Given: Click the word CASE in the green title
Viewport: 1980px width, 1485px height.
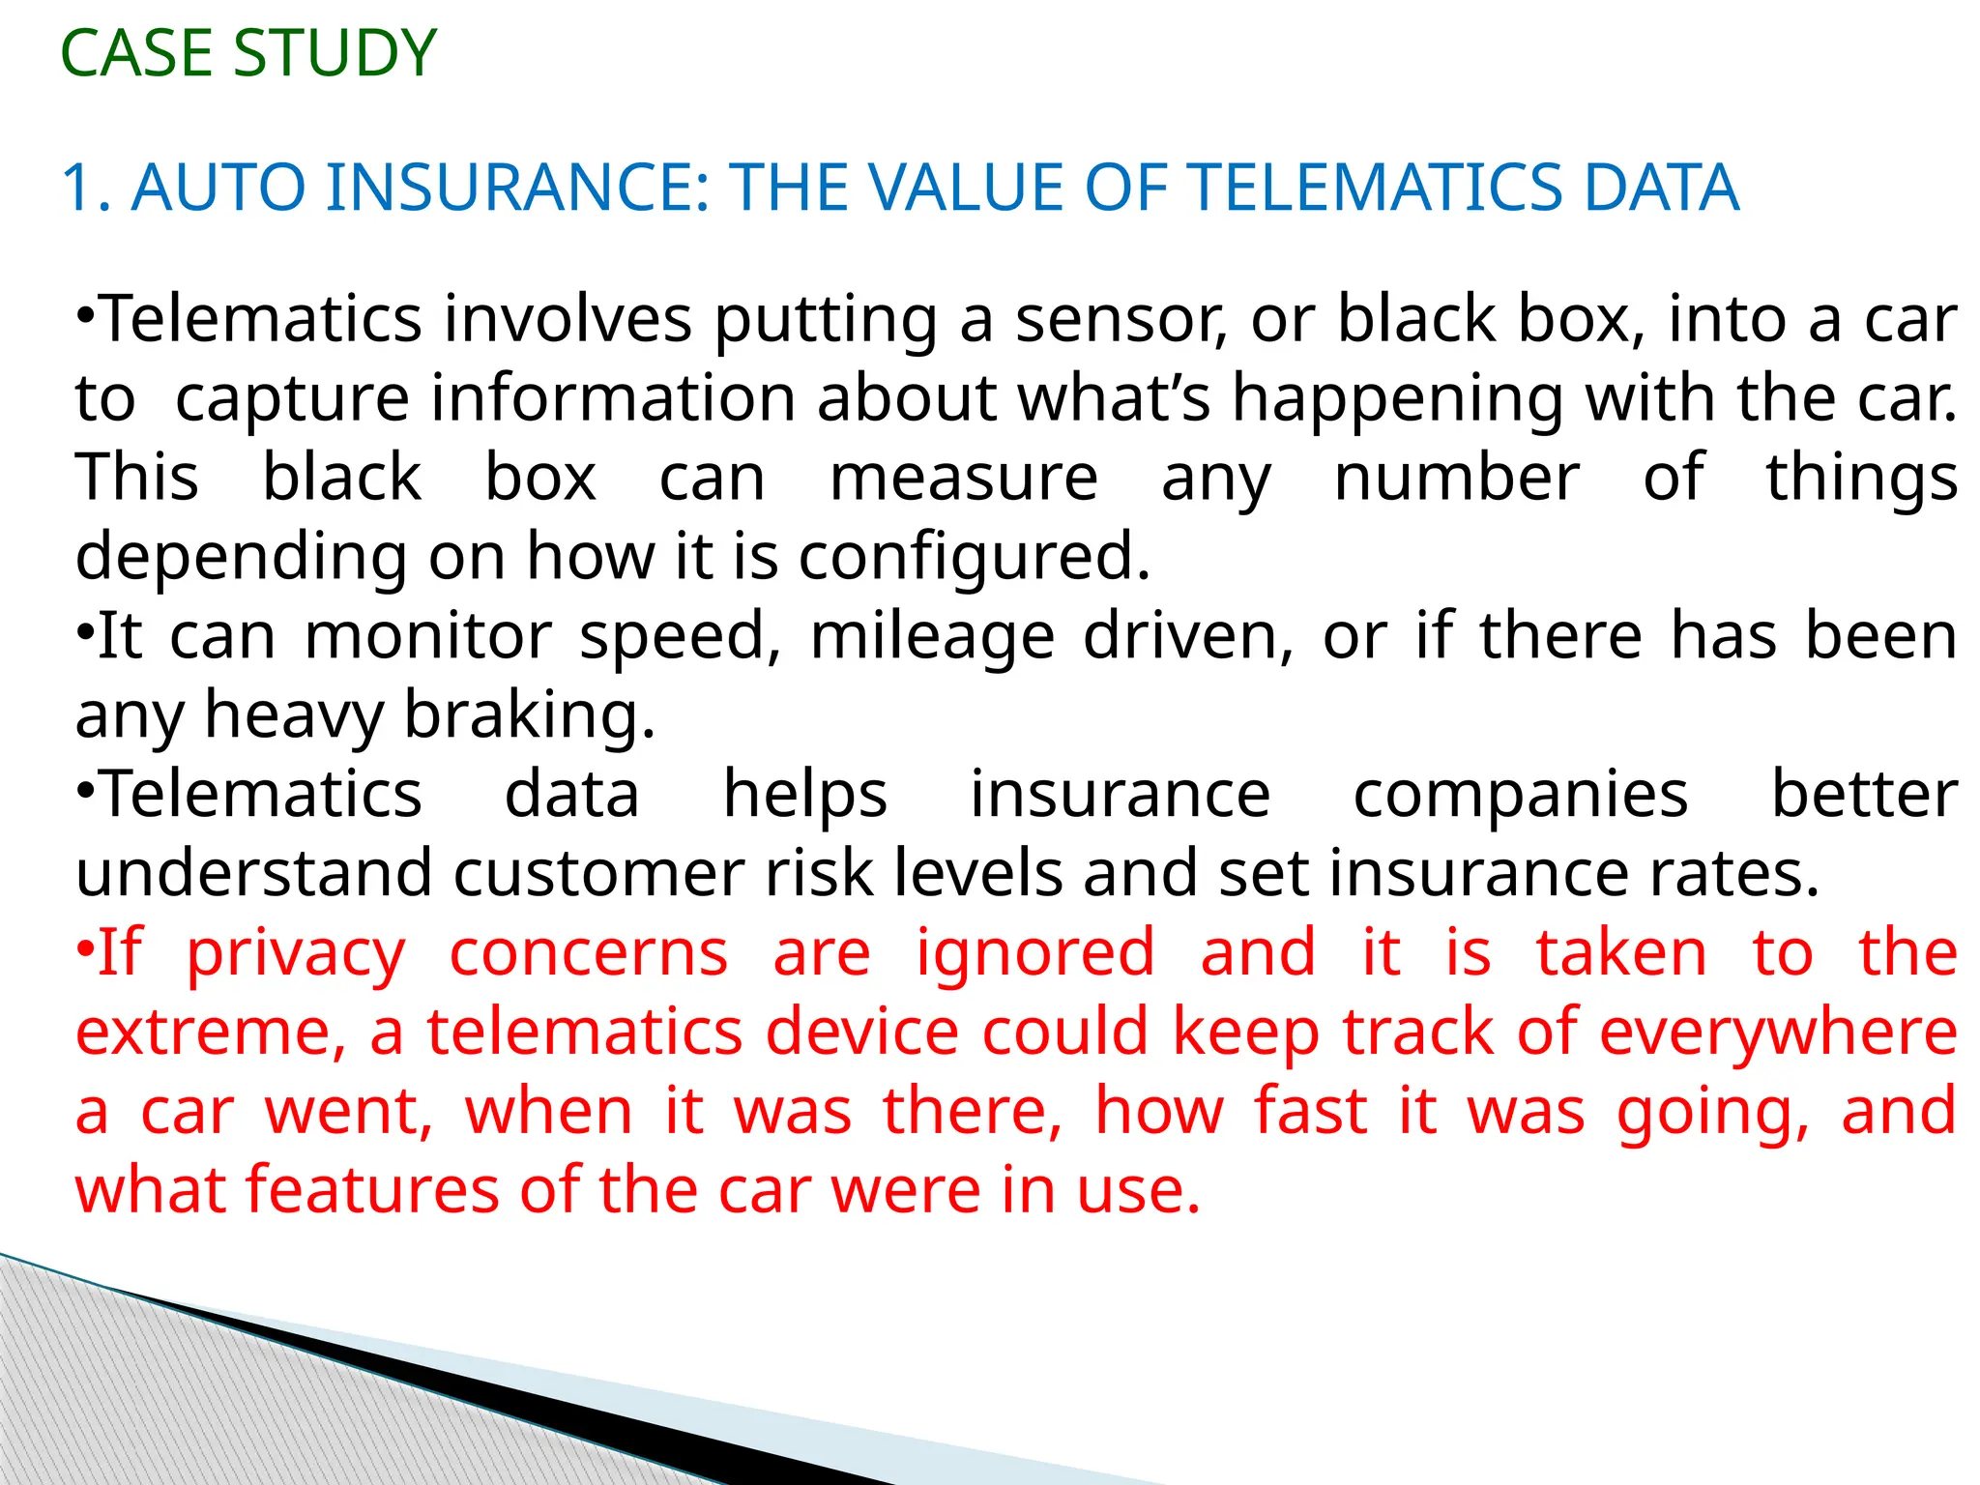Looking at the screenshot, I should click(x=137, y=53).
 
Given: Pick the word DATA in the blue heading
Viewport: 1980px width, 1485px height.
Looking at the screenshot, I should click(x=1660, y=188).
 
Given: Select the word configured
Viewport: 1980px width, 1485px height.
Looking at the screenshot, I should click(x=975, y=558).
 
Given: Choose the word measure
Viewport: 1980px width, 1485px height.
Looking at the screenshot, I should click(x=964, y=478).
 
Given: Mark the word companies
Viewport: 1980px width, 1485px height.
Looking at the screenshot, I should click(x=1520, y=795).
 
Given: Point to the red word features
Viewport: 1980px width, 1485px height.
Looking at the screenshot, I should click(x=372, y=1190).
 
